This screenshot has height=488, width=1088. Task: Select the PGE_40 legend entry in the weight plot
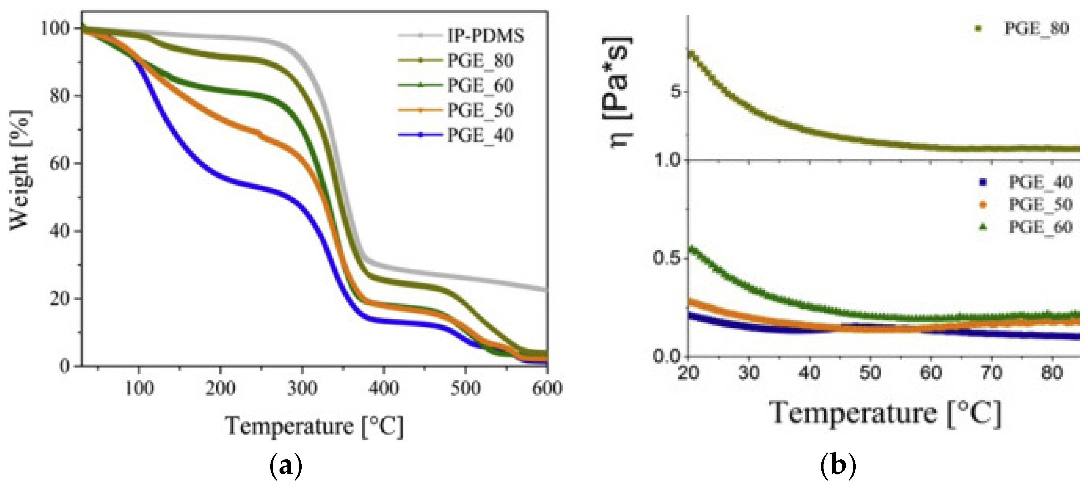[480, 136]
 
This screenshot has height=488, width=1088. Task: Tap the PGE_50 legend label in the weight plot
[480, 111]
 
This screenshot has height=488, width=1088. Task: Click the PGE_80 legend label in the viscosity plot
[1036, 29]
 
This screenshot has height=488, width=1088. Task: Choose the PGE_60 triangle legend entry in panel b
[1040, 228]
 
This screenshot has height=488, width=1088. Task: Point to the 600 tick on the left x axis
[547, 388]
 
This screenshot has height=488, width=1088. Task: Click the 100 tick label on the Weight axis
[54, 29]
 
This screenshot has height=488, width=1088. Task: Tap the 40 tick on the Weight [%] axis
[59, 231]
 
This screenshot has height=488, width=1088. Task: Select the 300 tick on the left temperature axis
[302, 388]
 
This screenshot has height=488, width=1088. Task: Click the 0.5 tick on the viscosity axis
[666, 258]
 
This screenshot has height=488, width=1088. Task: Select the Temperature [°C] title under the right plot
[885, 413]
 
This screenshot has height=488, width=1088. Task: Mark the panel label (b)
[838, 465]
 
